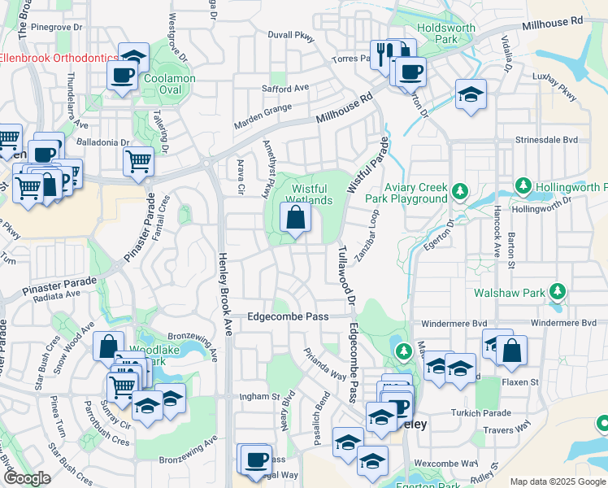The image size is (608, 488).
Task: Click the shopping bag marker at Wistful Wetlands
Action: point(294,218)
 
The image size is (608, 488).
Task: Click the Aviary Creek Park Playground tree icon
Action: point(461,192)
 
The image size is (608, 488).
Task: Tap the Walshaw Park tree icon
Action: point(558,290)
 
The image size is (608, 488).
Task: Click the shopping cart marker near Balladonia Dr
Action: point(138,162)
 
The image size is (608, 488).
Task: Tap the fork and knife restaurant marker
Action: point(381,54)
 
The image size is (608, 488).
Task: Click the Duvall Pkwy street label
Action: point(291,36)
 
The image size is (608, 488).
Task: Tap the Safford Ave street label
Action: point(285,88)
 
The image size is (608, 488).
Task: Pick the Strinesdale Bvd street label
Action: point(550,140)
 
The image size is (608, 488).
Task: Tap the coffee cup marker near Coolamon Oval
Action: point(123,76)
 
